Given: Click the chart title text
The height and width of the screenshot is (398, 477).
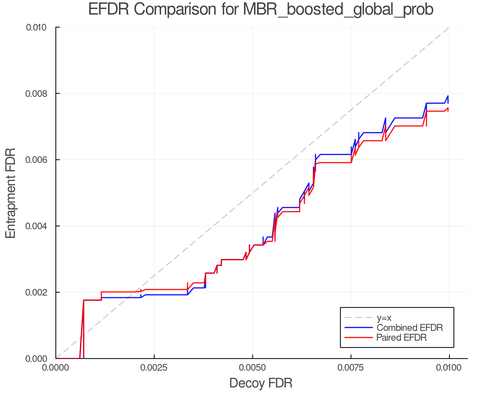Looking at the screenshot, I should pos(261,10).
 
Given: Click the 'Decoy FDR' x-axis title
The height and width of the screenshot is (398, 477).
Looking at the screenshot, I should pos(261,383).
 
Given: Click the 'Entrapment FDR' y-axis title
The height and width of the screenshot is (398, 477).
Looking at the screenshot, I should pos(11,193).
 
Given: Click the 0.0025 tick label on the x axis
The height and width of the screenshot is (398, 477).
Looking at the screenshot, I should pos(154,368).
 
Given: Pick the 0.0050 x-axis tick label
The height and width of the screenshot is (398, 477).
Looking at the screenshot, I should pos(253,368).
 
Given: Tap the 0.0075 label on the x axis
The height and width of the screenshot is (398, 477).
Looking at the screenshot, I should pos(351,368).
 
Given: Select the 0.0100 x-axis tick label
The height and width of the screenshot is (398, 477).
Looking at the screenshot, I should pos(449,368).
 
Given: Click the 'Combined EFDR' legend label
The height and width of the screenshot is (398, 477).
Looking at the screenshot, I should pos(409,328).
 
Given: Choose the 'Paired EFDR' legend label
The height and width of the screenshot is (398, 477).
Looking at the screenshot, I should pos(401,338).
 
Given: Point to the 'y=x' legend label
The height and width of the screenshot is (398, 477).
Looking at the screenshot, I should pos(384,318).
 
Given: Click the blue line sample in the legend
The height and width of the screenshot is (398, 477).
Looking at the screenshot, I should pos(358,328).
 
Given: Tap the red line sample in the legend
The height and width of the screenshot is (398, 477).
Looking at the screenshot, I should pos(358,338).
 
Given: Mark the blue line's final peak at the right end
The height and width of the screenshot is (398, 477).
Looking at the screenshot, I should pos(448,96).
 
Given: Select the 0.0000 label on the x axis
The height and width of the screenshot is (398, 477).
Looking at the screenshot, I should pos(56,368).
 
